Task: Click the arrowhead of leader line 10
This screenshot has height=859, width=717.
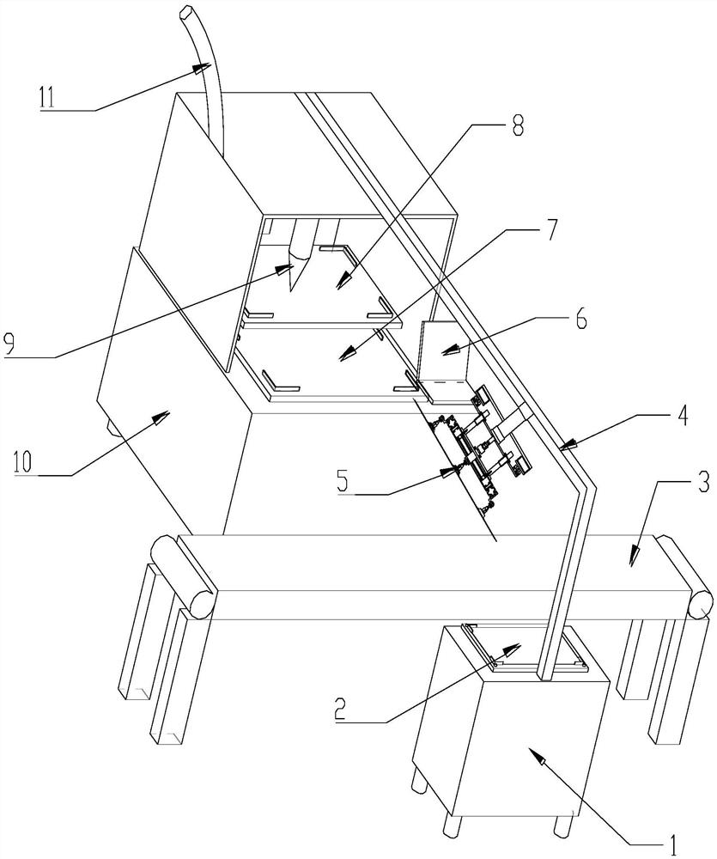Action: (161, 415)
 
